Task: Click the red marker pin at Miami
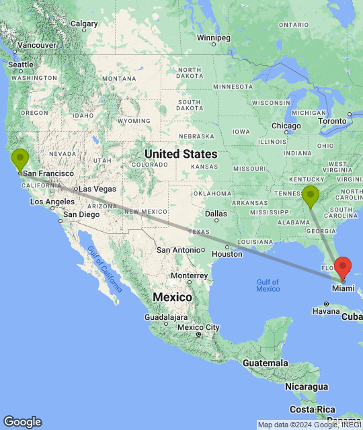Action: click(x=343, y=267)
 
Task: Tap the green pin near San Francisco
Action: click(x=21, y=159)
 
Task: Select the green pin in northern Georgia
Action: click(x=310, y=196)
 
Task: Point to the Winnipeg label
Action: click(x=213, y=37)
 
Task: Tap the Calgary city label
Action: click(x=84, y=24)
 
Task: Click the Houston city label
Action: click(x=227, y=255)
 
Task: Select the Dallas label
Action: click(x=216, y=214)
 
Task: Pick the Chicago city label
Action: click(x=286, y=126)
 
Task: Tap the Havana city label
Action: click(x=325, y=311)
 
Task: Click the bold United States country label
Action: click(x=182, y=154)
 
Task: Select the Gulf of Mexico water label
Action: click(x=268, y=284)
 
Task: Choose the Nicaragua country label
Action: click(x=305, y=386)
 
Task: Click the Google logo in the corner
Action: click(x=22, y=421)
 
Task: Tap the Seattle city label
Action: click(x=20, y=64)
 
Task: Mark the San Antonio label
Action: click(x=179, y=249)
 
